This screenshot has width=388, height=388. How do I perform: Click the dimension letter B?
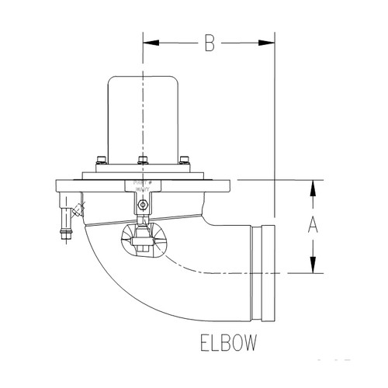coord(208,44)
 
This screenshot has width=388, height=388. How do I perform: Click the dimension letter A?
coord(313,226)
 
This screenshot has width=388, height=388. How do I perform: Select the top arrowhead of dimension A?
coord(313,187)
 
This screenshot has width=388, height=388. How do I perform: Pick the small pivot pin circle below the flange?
coord(140,205)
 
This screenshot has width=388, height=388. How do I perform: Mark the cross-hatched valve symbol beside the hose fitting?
coord(77,210)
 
